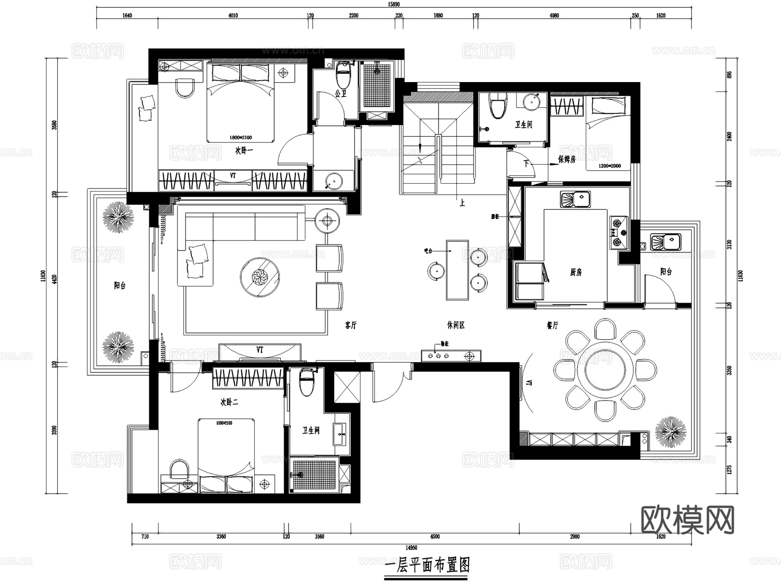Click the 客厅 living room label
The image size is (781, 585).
pyautogui.click(x=351, y=325)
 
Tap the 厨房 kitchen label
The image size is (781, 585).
pyautogui.click(x=576, y=272)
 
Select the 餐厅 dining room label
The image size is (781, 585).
pyautogui.click(x=552, y=325)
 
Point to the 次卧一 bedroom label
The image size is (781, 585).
pyautogui.click(x=244, y=151)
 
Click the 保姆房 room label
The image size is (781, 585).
pyautogui.click(x=567, y=159)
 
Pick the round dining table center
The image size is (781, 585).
pyautogui.click(x=605, y=370)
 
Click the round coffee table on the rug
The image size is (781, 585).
pyautogui.click(x=260, y=277)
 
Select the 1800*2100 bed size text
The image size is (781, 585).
pyautogui.click(x=240, y=138)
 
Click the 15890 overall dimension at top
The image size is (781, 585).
pyautogui.click(x=394, y=4)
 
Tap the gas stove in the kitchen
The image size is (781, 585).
pyautogui.click(x=619, y=232)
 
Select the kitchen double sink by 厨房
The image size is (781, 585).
pyautogui.click(x=575, y=200)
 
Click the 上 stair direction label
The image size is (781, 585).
pyautogui.click(x=462, y=203)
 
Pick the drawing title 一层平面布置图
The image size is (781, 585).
pyautogui.click(x=427, y=565)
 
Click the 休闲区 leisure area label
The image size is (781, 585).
pyautogui.click(x=456, y=325)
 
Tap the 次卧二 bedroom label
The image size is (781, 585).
pyautogui.click(x=229, y=402)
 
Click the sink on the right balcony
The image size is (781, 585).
pyautogui.click(x=666, y=242)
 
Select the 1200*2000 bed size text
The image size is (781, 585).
pyautogui.click(x=610, y=166)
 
